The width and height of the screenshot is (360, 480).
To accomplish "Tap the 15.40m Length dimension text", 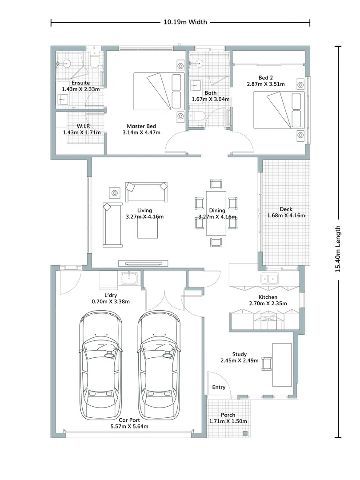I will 339,248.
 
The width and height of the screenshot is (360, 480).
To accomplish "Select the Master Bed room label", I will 141,126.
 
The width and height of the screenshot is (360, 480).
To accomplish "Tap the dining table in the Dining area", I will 216,213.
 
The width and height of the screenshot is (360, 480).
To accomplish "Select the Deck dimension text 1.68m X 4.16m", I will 286,216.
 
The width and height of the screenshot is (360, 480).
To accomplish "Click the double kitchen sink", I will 270,279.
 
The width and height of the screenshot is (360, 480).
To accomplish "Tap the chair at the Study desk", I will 267,364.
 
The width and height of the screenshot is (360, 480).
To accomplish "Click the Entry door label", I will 218,387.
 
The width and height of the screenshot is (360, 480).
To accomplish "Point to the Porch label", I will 228,415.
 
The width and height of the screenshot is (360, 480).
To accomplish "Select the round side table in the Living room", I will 115,193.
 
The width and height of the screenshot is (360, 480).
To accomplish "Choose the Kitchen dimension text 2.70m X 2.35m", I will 268,304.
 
